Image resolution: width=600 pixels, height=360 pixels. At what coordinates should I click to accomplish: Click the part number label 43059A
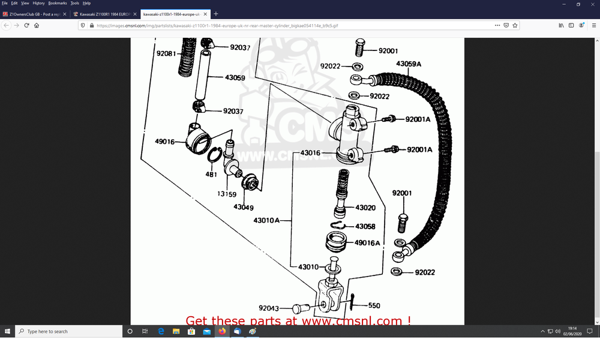coord(409,64)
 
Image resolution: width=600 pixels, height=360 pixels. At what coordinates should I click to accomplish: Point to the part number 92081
coord(166,53)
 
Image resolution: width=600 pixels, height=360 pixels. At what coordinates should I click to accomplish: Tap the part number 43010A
coord(266,220)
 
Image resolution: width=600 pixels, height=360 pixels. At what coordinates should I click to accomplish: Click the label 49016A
coord(367,243)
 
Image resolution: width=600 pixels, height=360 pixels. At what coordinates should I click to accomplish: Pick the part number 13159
coord(227,194)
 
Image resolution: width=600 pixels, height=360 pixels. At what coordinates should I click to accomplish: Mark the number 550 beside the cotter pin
coord(374,305)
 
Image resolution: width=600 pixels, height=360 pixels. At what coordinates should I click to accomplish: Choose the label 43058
coord(365,226)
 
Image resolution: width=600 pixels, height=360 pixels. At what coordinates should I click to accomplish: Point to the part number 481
coord(211,174)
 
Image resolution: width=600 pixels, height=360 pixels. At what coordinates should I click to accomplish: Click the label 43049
coord(244,208)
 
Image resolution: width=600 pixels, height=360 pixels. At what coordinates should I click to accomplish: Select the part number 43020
coord(365,208)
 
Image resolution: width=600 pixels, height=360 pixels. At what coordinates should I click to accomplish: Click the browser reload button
coord(26,25)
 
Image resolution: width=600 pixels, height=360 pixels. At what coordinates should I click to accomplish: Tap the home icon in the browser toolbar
coord(37,25)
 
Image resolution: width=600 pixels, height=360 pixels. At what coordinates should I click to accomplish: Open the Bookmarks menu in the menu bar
coord(57,3)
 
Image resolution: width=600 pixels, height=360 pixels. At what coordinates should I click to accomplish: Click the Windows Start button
coord(8,331)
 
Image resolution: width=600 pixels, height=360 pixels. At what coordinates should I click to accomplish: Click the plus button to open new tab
coord(216,14)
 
